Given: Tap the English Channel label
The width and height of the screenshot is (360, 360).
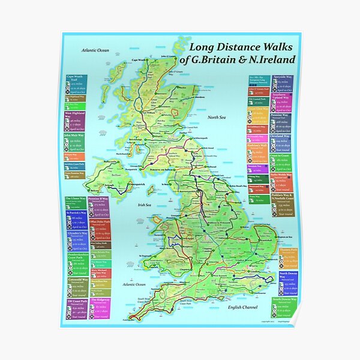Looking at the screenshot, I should point(246,308).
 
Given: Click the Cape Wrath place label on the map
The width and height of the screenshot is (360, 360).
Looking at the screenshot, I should point(139,59).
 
